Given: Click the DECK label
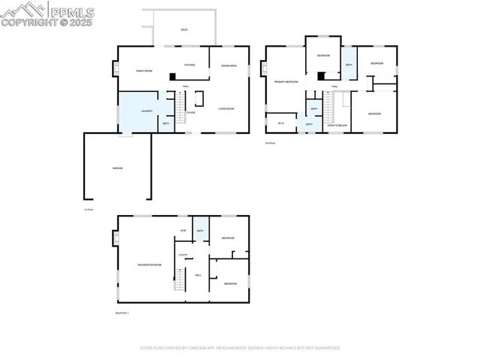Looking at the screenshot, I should pos(184,30).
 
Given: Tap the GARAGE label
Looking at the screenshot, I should pos(117,168).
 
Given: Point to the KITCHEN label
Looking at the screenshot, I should pos(190,65).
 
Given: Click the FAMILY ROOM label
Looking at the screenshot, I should pos(144,71).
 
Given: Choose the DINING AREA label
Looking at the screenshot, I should pos(229,66).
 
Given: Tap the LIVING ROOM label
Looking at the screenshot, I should pos(228,110).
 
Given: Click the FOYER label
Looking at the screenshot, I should pos(191,113).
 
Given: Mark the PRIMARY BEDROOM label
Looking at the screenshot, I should pos(286,81).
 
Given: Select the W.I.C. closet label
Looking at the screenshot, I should pos(280,123).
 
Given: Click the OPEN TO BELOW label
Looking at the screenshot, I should pos(337,126).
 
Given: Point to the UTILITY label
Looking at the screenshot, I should pos(182,256).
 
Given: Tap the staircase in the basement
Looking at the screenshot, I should pos(180,280).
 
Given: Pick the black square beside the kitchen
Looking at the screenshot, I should pos(172,76).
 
